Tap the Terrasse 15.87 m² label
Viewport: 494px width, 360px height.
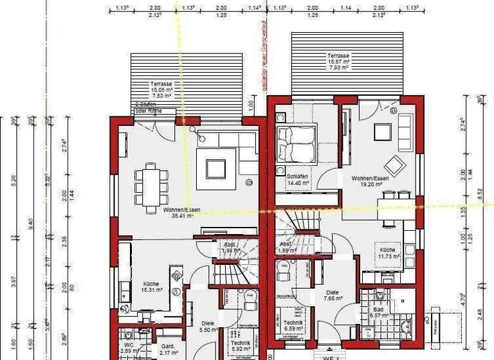pos(338,60)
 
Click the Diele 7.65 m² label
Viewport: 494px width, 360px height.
pos(333,294)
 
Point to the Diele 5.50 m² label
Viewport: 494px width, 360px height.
pos(207,326)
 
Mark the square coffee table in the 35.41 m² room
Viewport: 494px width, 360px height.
pos(216,168)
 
